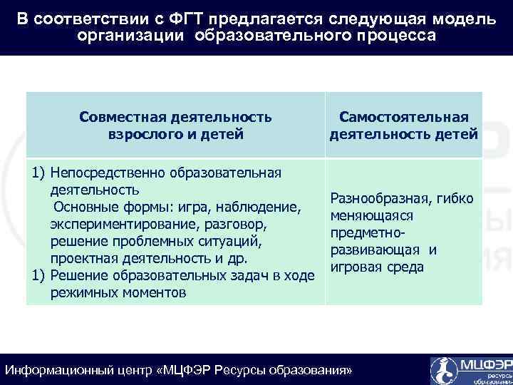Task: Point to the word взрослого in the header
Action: click(x=145, y=133)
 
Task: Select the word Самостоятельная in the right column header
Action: click(x=403, y=116)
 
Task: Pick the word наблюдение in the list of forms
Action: click(x=260, y=207)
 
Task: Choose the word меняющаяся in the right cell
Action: click(x=366, y=216)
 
